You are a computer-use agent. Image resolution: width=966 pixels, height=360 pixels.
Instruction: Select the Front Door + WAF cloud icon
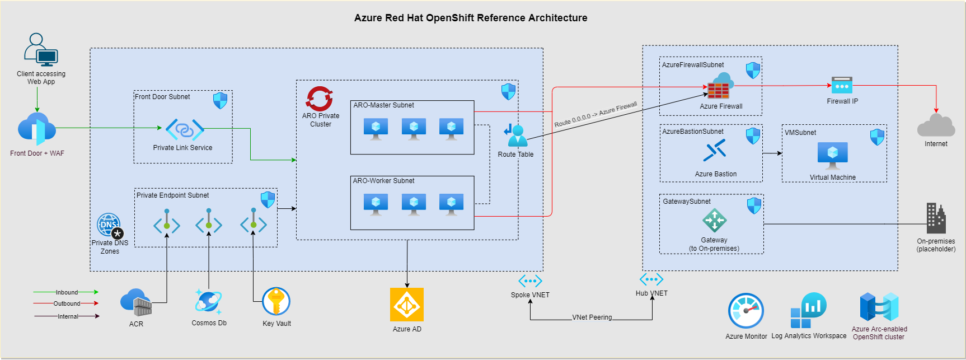pos(36,129)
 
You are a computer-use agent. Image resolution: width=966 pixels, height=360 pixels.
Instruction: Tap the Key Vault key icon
pos(276,301)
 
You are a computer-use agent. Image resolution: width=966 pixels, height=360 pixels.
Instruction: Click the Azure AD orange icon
pos(407,305)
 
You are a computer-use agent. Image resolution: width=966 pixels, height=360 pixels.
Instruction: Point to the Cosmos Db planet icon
pos(208,302)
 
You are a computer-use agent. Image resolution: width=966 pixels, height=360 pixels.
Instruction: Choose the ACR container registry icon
pos(136,303)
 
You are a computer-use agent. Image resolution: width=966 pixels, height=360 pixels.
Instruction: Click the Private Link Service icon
pos(185,129)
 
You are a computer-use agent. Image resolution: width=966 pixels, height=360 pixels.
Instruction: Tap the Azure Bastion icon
pos(715,150)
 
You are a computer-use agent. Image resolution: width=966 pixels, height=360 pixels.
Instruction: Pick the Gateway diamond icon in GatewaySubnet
pos(714,220)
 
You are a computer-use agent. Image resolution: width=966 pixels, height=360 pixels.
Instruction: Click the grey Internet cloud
pos(936,125)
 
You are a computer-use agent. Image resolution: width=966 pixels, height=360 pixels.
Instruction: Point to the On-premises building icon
pos(936,218)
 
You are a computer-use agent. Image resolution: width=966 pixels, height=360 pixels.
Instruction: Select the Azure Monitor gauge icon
pos(745,311)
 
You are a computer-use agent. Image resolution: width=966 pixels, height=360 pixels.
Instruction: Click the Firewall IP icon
pos(842,85)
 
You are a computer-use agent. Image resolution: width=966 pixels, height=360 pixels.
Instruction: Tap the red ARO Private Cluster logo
pos(320,99)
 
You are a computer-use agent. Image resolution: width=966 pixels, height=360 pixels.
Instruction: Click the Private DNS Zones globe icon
pos(109,226)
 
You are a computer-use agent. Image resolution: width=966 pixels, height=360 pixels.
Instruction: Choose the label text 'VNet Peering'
pos(592,317)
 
